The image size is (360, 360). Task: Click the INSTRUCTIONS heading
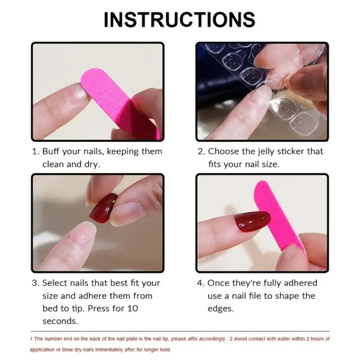point(180,19)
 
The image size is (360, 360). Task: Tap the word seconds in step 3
point(60,321)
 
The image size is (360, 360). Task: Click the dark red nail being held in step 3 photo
point(103,207)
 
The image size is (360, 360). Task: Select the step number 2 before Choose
point(201,152)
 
